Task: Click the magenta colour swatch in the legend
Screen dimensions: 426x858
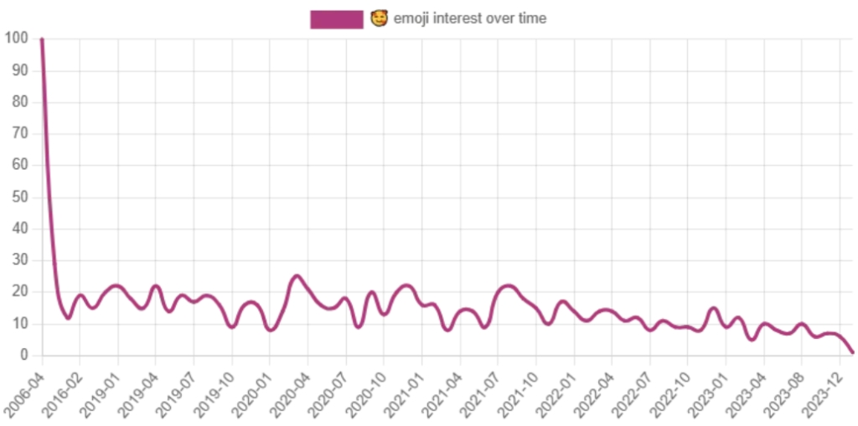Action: (x=337, y=19)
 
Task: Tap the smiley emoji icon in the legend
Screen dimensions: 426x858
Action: (x=379, y=18)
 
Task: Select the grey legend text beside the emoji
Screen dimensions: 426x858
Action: (x=469, y=18)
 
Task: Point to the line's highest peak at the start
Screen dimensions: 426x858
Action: (x=42, y=38)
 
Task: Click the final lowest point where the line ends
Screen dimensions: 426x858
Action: (x=853, y=352)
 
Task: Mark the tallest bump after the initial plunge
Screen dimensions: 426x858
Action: (x=295, y=274)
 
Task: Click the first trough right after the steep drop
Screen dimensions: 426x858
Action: (x=67, y=316)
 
